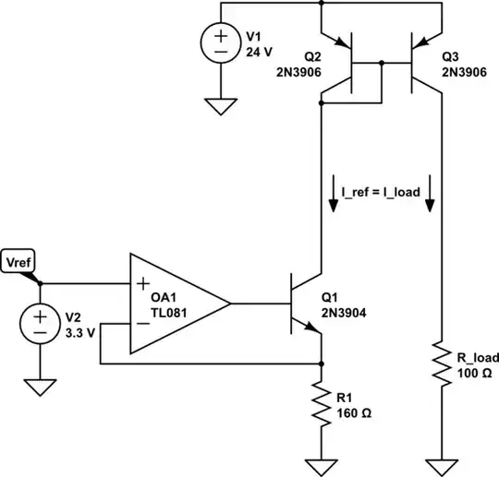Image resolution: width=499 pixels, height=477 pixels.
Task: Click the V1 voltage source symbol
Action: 223,44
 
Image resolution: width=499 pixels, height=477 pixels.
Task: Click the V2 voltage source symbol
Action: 41,326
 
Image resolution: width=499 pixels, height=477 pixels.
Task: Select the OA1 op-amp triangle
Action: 176,303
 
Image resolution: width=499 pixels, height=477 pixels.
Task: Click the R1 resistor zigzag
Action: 321,403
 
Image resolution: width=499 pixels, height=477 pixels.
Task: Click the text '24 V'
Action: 258,53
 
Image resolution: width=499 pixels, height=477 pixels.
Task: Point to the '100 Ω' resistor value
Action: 475,373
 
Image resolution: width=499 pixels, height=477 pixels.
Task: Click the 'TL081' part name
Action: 172,312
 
